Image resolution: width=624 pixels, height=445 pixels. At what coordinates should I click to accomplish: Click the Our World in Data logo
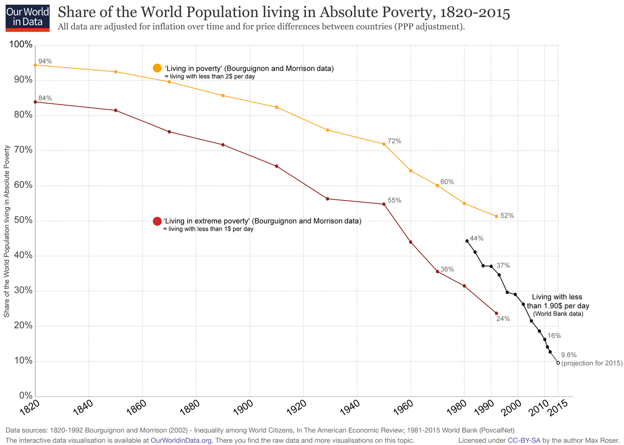(x=27, y=17)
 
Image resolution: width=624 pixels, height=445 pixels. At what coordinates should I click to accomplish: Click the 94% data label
(x=45, y=61)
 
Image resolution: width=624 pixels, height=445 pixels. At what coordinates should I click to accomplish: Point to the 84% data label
(x=45, y=98)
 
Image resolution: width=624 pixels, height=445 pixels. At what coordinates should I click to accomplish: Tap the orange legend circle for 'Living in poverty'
(x=157, y=68)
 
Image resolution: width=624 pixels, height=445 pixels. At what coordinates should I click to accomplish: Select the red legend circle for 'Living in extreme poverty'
(x=157, y=221)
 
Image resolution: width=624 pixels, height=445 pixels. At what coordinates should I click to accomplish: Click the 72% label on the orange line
(x=394, y=141)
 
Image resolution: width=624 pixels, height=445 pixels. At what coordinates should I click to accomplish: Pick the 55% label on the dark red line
(x=394, y=201)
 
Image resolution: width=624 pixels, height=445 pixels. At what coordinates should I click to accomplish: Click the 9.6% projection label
(x=569, y=355)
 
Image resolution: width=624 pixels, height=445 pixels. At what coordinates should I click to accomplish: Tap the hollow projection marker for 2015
(x=558, y=363)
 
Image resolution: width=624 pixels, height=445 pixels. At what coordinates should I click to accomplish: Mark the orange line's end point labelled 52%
(x=496, y=216)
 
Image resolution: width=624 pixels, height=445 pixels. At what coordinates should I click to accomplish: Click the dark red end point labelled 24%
(x=496, y=313)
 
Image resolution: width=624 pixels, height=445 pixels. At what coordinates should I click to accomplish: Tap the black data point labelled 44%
(x=467, y=241)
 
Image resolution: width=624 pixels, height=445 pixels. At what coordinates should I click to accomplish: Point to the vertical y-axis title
(x=6, y=231)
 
